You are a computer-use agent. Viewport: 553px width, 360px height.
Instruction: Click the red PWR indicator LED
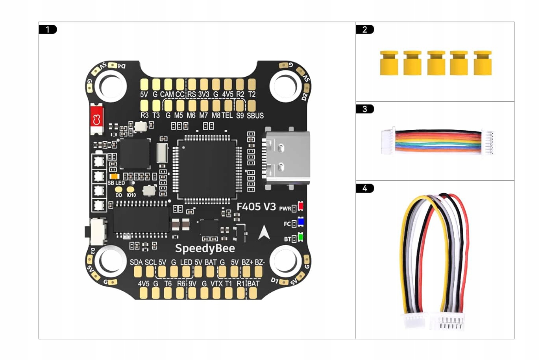point(301,206)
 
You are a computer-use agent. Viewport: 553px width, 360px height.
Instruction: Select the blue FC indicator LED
point(301,222)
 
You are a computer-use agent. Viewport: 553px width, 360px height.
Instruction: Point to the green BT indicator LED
point(301,237)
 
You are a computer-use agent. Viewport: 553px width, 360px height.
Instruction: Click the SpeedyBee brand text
point(205,248)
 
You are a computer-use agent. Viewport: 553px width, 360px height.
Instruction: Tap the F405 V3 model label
point(256,207)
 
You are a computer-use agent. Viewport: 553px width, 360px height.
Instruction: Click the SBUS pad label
point(255,116)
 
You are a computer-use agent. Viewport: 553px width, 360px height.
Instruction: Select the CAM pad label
point(166,94)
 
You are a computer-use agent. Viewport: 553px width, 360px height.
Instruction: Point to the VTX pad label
point(216,284)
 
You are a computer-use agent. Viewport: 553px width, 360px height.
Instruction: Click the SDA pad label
point(136,262)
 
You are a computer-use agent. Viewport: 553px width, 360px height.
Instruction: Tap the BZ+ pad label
point(247,262)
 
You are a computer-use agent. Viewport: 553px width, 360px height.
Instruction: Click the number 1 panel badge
point(48,30)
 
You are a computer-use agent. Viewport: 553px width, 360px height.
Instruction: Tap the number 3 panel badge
point(365,109)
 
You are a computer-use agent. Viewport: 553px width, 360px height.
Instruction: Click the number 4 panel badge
point(365,188)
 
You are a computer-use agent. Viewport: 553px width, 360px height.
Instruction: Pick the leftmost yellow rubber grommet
point(389,63)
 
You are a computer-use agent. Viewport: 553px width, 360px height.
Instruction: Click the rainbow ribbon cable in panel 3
point(438,141)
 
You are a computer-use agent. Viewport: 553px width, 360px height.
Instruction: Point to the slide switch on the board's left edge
point(97,231)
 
